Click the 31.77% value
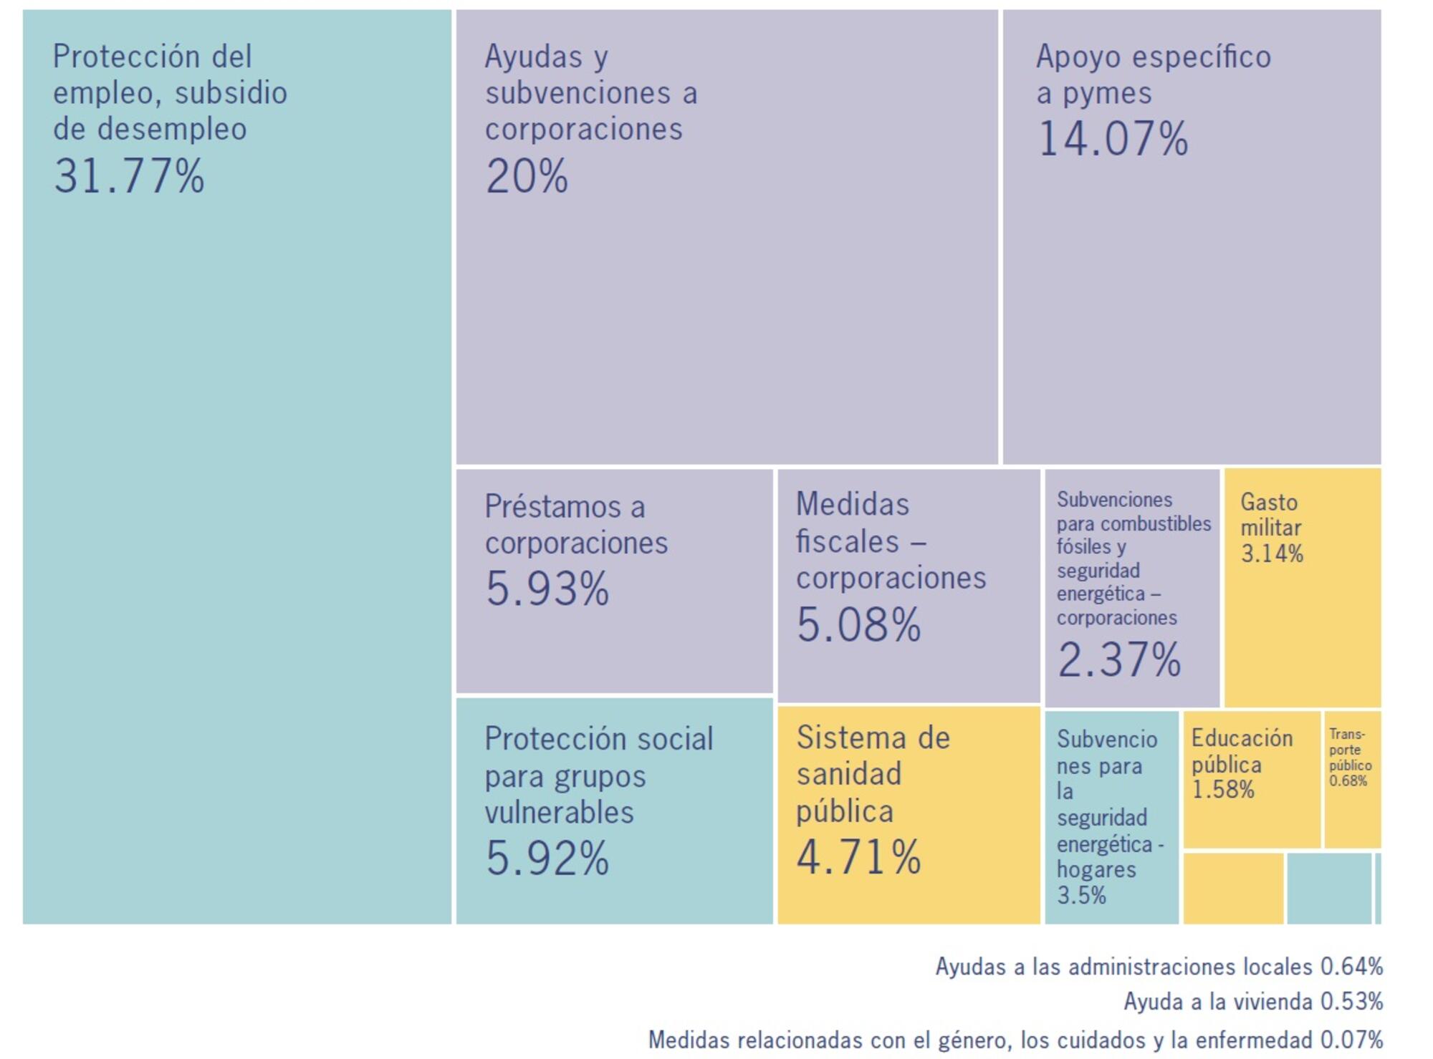point(129,176)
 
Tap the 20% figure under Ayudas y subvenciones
point(527,176)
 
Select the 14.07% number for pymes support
point(1113,139)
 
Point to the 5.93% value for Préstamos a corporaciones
point(547,589)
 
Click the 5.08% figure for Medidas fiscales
point(858,625)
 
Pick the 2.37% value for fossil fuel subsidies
point(1118,659)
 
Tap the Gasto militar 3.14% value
point(1272,553)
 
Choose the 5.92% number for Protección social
point(547,858)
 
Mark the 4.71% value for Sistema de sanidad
point(858,857)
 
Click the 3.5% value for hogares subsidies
point(1081,895)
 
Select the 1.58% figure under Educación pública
point(1222,790)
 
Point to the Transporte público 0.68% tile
point(1351,779)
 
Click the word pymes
point(1107,94)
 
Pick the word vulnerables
point(559,813)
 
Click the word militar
point(1271,528)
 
